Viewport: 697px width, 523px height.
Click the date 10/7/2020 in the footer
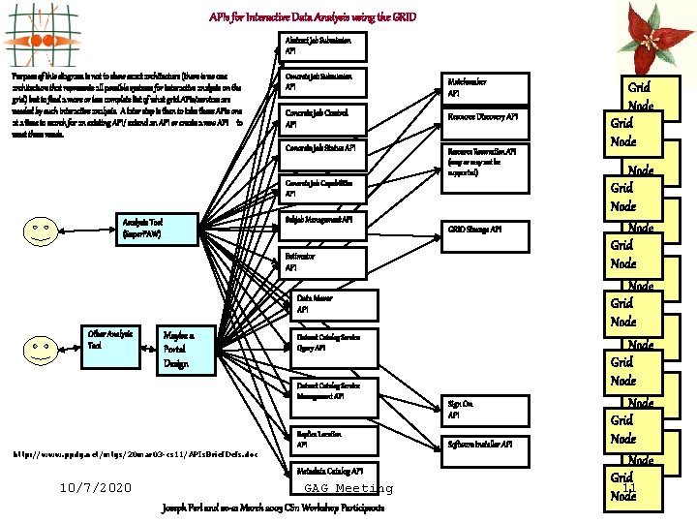95,487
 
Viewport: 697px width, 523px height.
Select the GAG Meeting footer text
348,488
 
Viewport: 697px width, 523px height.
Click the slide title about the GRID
313,17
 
